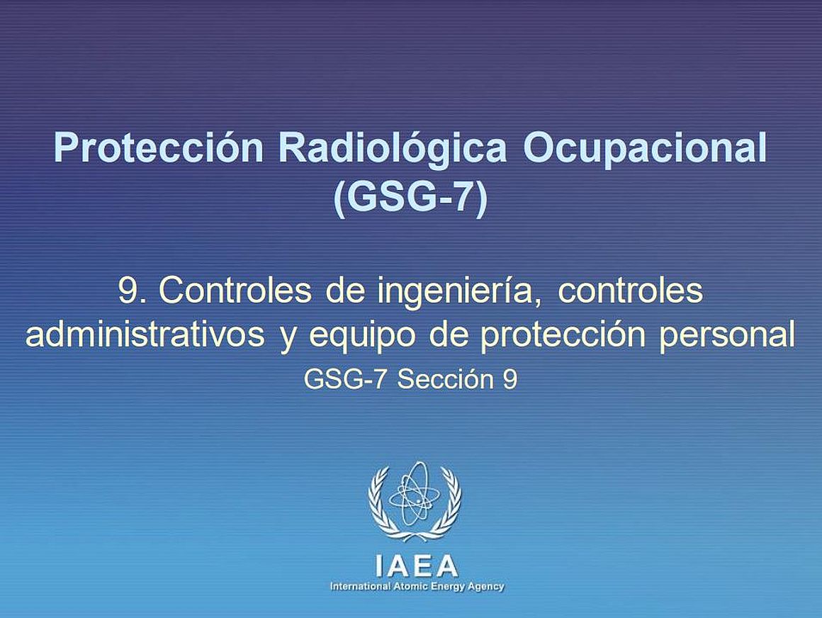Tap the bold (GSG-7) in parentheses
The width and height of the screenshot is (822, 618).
411,198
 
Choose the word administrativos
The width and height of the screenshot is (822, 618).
145,335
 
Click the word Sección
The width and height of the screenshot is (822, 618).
445,379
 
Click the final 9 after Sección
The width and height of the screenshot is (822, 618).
509,379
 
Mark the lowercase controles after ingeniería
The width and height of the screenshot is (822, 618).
629,290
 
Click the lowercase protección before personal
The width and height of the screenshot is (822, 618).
563,337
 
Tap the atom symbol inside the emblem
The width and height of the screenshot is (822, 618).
415,493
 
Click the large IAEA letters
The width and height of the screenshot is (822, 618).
417,566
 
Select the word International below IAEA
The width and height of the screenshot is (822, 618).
360,587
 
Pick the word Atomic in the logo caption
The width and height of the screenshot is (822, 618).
407,587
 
